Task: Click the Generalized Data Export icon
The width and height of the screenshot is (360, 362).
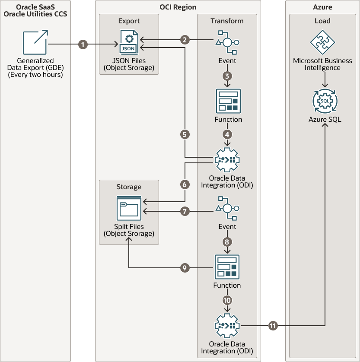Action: tap(35, 42)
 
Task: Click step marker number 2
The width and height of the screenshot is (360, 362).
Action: tap(185, 40)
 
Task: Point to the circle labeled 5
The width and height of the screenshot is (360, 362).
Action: tap(185, 134)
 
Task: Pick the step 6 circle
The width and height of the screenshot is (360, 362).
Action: tap(185, 184)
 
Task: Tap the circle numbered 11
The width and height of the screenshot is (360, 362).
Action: tap(273, 326)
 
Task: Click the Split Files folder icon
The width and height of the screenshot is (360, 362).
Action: tap(129, 208)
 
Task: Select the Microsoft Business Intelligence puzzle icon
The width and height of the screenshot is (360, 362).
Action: tap(322, 42)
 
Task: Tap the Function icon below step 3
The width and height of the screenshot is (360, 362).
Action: tap(228, 101)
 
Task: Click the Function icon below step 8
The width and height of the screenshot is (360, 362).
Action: tap(227, 267)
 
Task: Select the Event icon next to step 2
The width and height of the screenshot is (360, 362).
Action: tap(227, 41)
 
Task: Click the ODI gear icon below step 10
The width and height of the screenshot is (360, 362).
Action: tap(227, 326)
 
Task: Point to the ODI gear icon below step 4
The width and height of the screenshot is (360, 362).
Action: tap(227, 160)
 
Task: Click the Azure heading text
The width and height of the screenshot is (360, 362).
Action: tap(322, 7)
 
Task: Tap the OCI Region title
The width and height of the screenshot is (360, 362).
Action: tap(178, 7)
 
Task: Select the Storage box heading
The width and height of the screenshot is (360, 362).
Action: tap(129, 187)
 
